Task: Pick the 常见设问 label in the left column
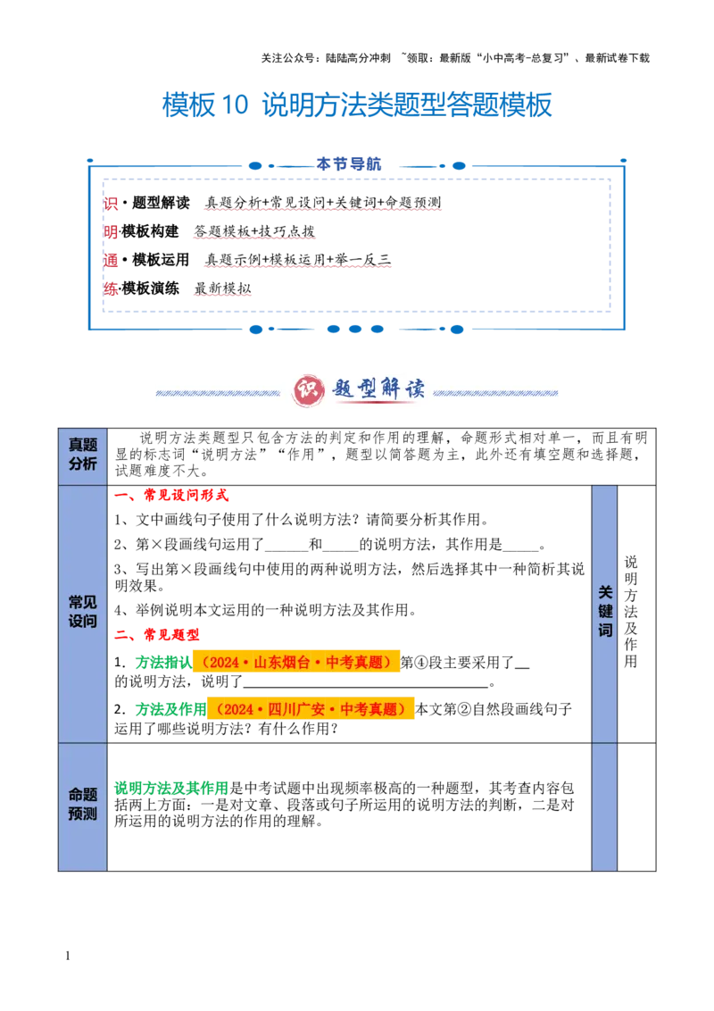[82, 612]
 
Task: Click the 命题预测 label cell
[82, 804]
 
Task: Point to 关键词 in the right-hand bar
[605, 612]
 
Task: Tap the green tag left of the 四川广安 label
[170, 709]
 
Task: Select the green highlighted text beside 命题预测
[170, 788]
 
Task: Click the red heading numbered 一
[187, 497]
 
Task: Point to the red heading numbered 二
[170, 634]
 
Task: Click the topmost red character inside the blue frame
[112, 205]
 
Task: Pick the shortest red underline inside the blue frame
[224, 295]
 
